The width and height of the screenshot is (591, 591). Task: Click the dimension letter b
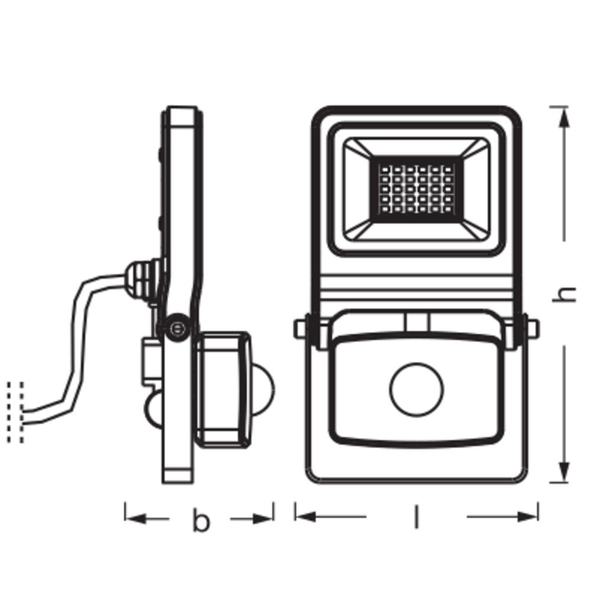pyautogui.click(x=201, y=521)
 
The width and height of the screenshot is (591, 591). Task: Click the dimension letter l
pyautogui.click(x=417, y=517)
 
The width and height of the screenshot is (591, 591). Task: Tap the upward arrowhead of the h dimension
pyautogui.click(x=564, y=118)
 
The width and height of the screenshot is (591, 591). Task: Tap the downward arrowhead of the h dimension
pyautogui.click(x=564, y=472)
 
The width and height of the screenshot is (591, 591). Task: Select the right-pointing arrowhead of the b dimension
pyautogui.click(x=263, y=519)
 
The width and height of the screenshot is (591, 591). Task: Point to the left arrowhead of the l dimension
pyautogui.click(x=306, y=517)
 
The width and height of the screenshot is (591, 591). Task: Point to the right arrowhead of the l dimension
pyautogui.click(x=527, y=517)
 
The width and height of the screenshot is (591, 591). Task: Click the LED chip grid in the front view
pyautogui.click(x=416, y=189)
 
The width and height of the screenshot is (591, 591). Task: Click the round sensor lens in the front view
pyautogui.click(x=416, y=389)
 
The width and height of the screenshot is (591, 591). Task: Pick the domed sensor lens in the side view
pyautogui.click(x=263, y=389)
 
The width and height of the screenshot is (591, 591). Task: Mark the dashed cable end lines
pyautogui.click(x=15, y=413)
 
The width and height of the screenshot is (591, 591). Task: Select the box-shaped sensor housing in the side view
pyautogui.click(x=223, y=389)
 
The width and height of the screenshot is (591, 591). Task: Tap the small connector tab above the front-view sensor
pyautogui.click(x=417, y=322)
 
